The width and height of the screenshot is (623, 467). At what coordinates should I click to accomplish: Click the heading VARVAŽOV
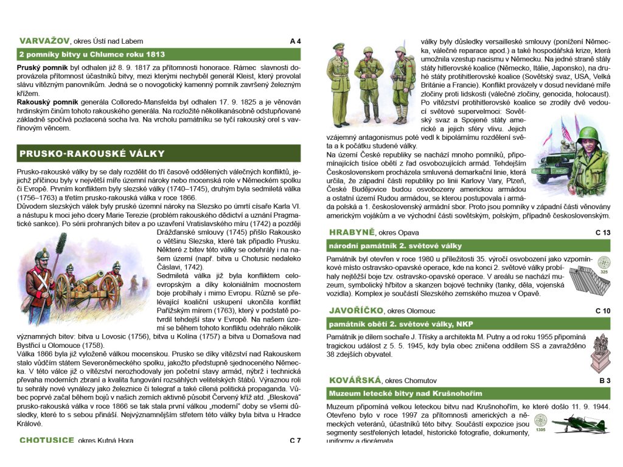point(44,41)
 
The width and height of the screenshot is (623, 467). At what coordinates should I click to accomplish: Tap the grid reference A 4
point(295,41)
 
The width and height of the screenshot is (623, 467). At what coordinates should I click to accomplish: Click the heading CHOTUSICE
point(47,440)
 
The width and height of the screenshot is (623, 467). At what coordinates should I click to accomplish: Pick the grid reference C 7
point(295,440)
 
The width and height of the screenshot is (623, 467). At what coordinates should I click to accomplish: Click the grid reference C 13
point(602,233)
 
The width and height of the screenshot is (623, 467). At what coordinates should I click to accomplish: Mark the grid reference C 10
point(602,311)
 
